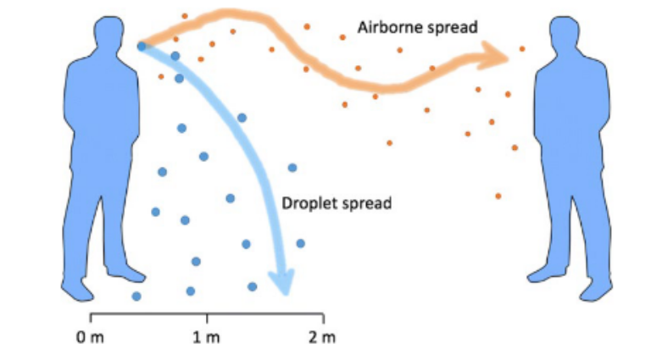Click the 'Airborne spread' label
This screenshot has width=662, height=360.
[x=417, y=27]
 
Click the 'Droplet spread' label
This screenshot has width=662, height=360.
[x=337, y=203]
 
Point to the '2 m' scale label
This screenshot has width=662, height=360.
[x=322, y=337]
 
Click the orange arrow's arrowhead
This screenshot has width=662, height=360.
[x=495, y=57]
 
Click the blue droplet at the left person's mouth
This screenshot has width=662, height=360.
[x=142, y=47]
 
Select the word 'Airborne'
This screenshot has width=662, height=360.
[x=387, y=27]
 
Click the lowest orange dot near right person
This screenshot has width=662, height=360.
[x=498, y=196]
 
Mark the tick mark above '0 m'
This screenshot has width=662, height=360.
[x=90, y=318]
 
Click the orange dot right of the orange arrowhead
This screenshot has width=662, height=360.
[x=521, y=49]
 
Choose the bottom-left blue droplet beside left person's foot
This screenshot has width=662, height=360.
[x=136, y=296]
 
